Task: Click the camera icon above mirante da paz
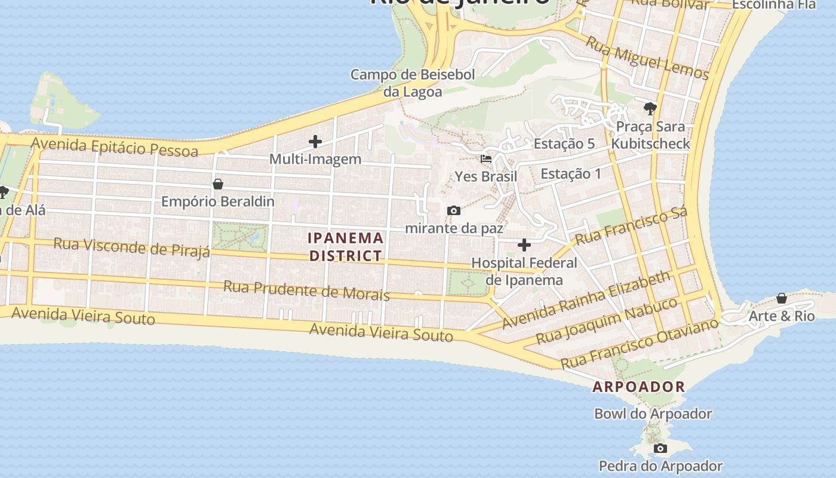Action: click(x=454, y=210)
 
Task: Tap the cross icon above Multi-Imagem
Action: click(x=315, y=142)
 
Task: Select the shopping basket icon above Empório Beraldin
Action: click(x=218, y=184)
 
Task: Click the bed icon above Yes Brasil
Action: click(x=486, y=159)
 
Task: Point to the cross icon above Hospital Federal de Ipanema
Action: click(x=524, y=245)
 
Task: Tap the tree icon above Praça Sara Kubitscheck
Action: click(x=650, y=109)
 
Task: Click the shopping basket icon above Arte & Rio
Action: click(x=782, y=298)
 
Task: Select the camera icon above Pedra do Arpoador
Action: click(x=660, y=448)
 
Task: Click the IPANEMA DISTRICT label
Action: click(x=346, y=247)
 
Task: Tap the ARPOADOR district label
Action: click(x=638, y=387)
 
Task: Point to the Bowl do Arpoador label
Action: click(x=653, y=413)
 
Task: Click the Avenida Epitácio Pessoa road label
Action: click(x=115, y=146)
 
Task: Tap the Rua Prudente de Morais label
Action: click(x=306, y=290)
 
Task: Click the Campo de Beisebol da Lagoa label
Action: click(x=413, y=83)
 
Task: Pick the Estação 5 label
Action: click(x=564, y=143)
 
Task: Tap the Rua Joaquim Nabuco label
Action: click(x=606, y=321)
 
